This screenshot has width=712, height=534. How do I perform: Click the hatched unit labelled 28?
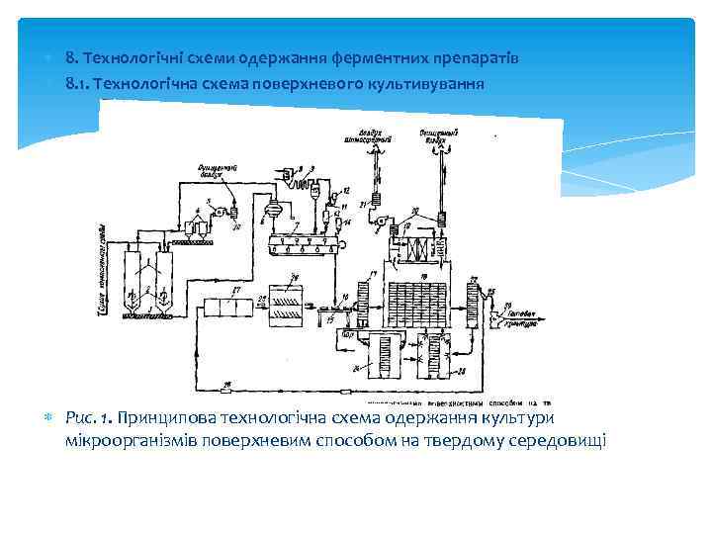tap(287, 300)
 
